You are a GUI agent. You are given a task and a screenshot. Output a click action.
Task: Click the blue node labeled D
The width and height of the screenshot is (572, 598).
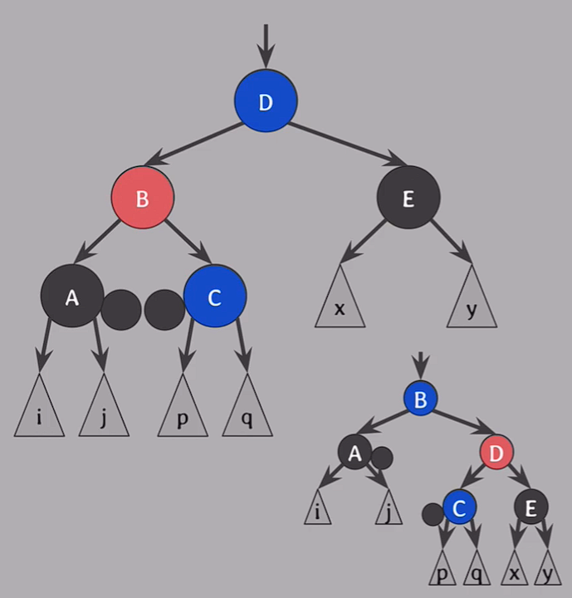pos(265,101)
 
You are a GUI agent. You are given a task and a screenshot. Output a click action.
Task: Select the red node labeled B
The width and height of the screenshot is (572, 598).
pos(142,199)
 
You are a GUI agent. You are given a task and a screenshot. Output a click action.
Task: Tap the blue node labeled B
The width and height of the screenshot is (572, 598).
pos(420,399)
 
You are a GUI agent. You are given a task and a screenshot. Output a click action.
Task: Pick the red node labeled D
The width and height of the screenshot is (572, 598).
pos(496,453)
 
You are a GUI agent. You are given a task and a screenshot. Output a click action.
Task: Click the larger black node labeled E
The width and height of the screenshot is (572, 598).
pos(408,199)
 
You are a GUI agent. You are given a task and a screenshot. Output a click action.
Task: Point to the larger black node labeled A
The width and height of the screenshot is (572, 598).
pos(71,297)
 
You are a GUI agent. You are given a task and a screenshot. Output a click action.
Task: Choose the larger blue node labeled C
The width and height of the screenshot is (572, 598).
pos(215,297)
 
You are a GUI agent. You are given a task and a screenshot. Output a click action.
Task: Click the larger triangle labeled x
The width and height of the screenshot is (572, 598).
pos(340,301)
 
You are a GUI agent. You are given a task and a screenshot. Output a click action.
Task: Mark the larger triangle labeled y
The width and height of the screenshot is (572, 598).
pos(472,301)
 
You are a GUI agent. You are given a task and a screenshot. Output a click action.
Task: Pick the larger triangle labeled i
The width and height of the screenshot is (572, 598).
pos(39,410)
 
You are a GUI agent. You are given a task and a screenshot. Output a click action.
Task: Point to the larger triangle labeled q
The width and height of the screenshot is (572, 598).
pos(247,410)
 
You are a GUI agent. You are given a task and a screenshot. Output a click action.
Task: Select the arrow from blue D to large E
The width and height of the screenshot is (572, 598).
pos(347,143)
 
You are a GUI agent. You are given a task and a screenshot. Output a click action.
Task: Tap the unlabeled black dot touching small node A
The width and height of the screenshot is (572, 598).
pos(381,457)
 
